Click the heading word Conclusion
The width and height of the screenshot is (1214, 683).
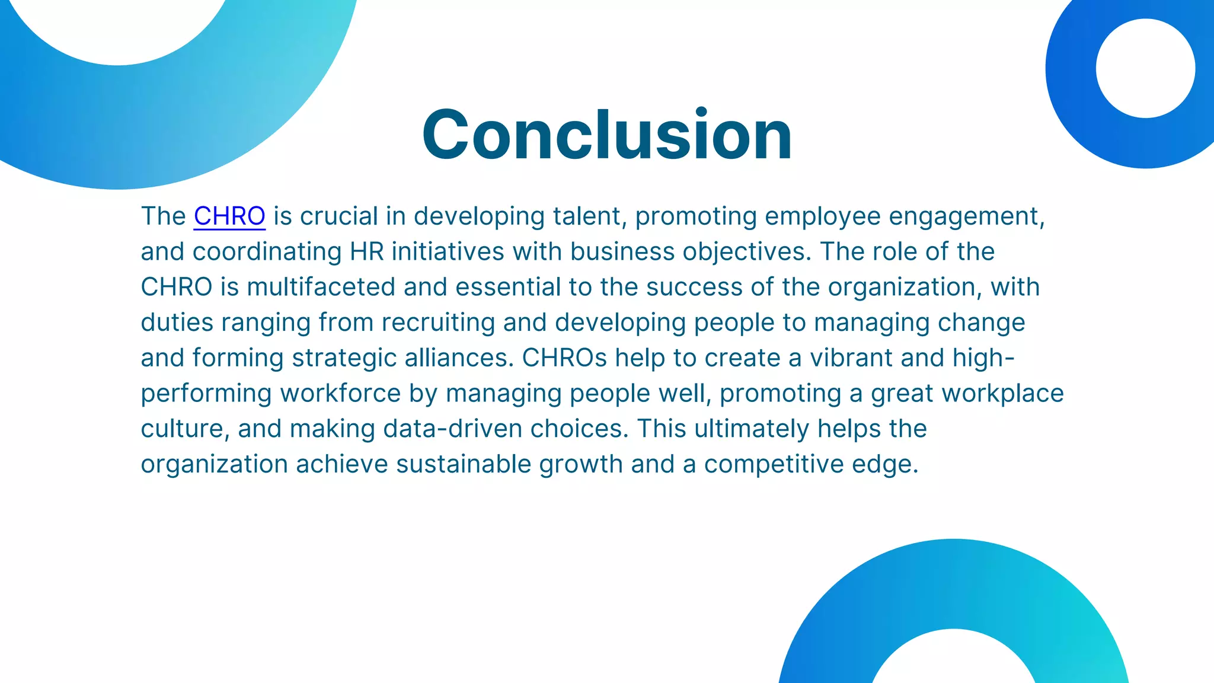coord(606,135)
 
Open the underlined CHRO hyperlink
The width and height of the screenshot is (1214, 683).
coord(229,216)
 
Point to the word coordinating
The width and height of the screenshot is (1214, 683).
coord(267,252)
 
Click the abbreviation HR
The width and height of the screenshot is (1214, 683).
coord(367,252)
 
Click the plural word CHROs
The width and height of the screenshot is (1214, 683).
coord(564,358)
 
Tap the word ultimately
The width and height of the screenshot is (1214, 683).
coord(752,429)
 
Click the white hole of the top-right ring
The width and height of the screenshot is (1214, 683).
coord(1145,68)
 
